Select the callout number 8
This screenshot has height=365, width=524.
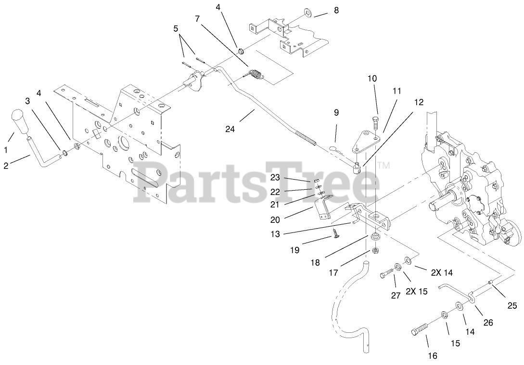tap(336, 10)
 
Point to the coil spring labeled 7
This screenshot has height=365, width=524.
tap(256, 75)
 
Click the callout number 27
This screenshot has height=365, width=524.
tap(396, 296)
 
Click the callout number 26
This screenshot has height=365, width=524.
tap(488, 323)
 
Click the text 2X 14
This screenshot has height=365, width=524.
tap(442, 272)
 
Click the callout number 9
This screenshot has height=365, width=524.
tap(336, 112)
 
